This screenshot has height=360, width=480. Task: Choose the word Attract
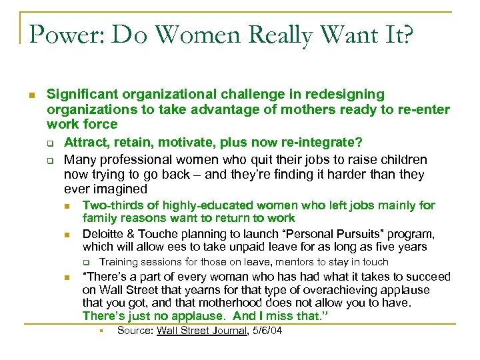85,143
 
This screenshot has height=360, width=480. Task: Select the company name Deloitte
104,234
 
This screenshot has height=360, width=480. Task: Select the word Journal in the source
229,331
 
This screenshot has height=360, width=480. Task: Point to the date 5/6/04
266,331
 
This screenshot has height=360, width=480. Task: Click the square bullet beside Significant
31,95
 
